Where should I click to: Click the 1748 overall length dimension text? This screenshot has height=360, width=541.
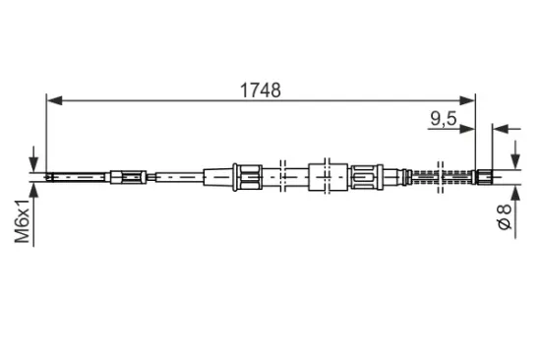[261, 90]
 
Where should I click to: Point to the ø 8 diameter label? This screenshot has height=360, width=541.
[505, 215]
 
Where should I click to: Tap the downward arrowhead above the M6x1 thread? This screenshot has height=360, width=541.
[33, 165]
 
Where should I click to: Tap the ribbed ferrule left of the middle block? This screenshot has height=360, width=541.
[245, 177]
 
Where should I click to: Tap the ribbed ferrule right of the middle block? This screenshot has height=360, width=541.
[366, 177]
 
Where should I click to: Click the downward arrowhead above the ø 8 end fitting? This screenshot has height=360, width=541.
[515, 164]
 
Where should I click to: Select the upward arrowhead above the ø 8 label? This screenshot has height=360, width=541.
[515, 190]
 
